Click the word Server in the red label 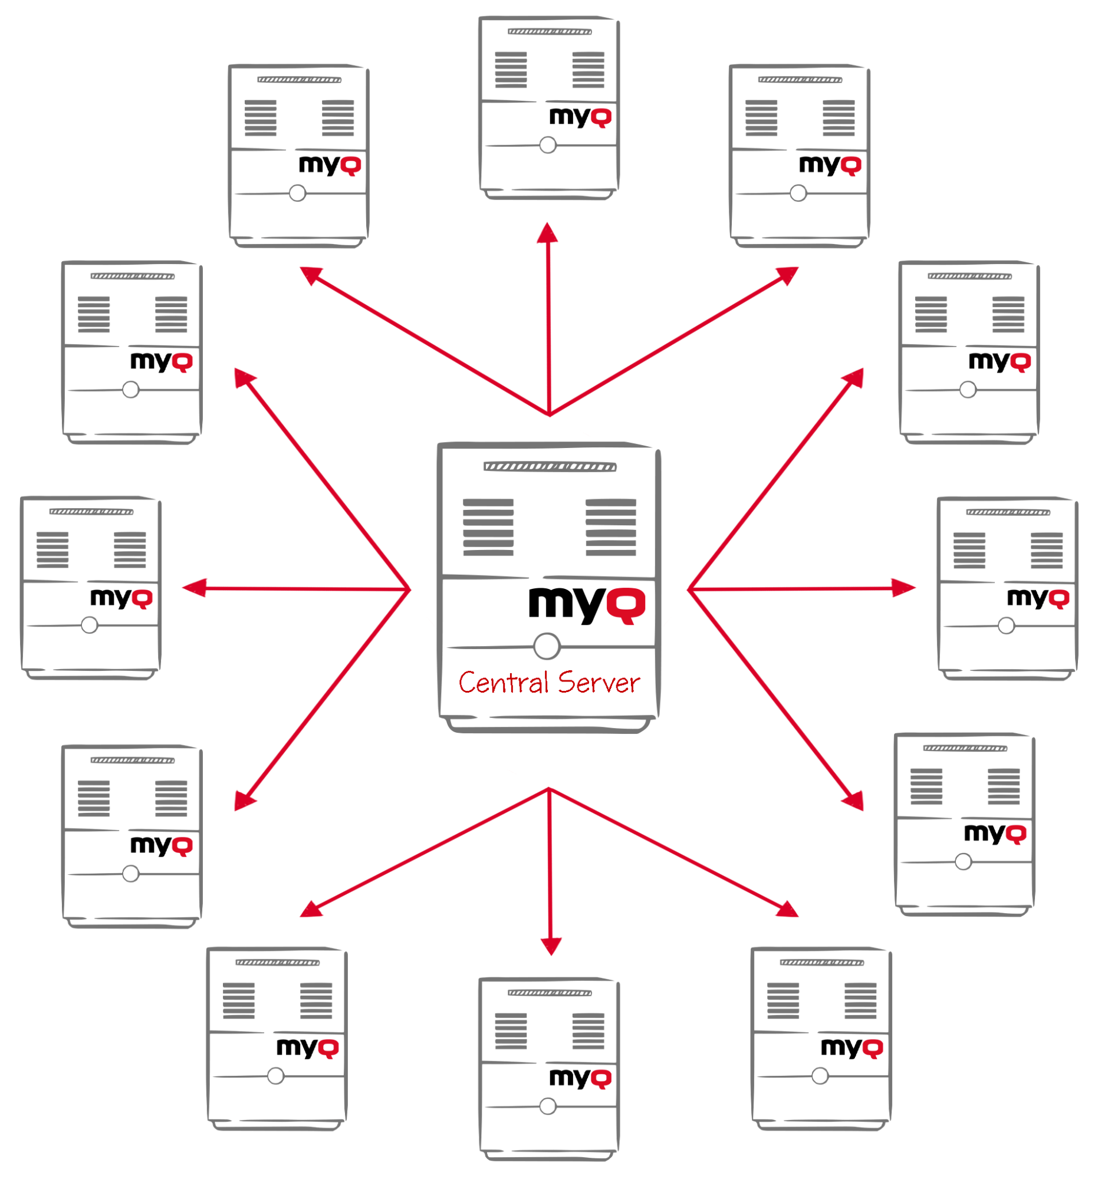point(599,683)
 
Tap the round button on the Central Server point(546,646)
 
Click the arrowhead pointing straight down point(551,945)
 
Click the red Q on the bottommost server point(600,1078)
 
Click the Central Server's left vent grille point(488,526)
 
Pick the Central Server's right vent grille point(610,526)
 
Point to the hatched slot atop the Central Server point(550,467)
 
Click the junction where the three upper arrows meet point(550,413)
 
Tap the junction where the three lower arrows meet point(550,789)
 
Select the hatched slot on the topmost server point(550,31)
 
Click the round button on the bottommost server point(547,1106)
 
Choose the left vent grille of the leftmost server point(52,550)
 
